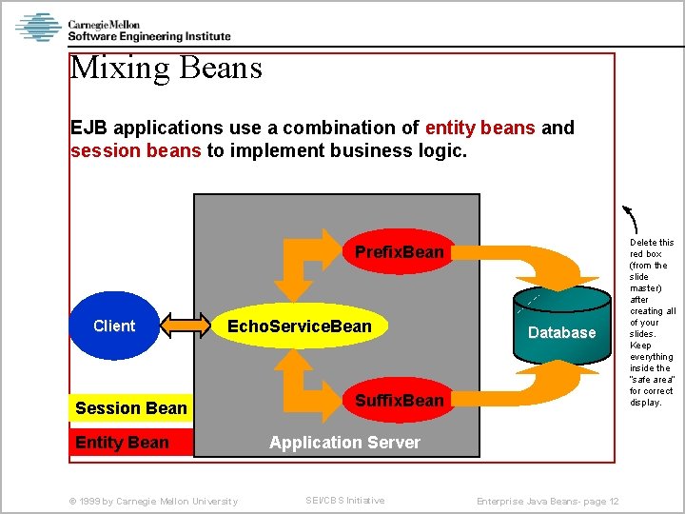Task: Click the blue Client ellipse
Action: coord(114,326)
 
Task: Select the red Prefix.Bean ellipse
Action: coord(400,251)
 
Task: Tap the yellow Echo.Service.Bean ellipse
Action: coord(299,326)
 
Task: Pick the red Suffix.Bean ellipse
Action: coord(400,401)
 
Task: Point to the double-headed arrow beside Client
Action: coord(186,326)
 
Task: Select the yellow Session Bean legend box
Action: coord(131,408)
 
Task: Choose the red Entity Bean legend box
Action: coord(131,443)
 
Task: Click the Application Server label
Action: coord(344,443)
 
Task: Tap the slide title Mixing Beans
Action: coord(166,69)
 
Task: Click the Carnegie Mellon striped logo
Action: coord(38,27)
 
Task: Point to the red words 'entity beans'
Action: coord(480,128)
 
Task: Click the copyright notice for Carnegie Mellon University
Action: coord(156,502)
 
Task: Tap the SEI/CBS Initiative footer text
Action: coord(344,501)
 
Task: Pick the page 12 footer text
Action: coord(548,502)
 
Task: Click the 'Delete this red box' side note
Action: coord(652,322)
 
